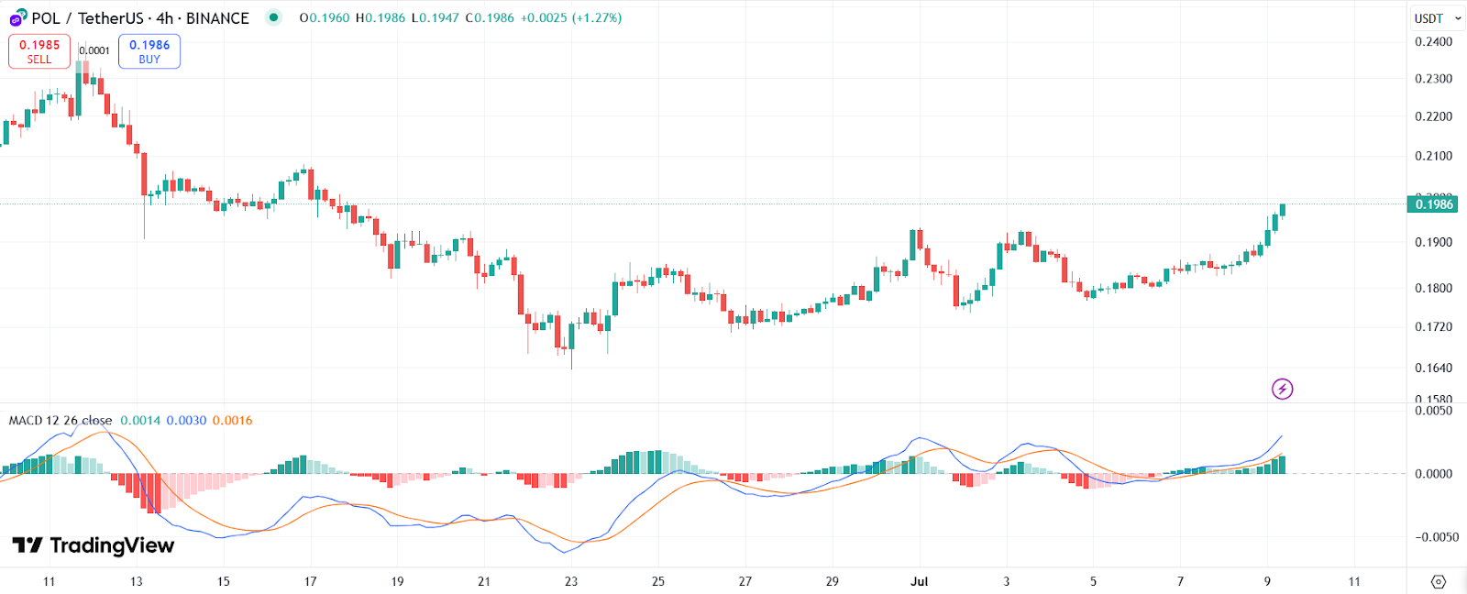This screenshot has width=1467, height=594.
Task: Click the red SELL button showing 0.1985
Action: (x=39, y=51)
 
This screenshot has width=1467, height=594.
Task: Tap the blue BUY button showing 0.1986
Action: (x=149, y=51)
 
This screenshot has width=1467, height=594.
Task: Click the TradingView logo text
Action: (x=94, y=545)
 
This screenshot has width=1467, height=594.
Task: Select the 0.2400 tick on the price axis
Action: (x=1433, y=41)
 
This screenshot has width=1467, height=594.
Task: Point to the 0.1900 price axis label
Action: (x=1433, y=242)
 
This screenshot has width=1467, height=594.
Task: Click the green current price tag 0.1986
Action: (x=1433, y=203)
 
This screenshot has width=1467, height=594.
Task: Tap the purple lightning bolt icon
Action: (x=1282, y=389)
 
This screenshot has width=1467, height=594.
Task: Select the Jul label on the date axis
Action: (x=919, y=581)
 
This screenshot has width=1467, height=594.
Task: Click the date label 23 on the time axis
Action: (x=571, y=581)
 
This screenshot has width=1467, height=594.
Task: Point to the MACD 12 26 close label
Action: (x=61, y=421)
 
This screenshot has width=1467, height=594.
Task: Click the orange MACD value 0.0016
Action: (x=232, y=421)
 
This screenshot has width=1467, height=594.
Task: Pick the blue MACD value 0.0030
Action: (x=186, y=421)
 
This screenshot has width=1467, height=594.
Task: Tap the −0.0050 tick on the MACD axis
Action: (x=1431, y=537)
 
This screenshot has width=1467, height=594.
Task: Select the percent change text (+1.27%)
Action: (x=597, y=17)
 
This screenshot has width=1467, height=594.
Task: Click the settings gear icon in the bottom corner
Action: (x=1438, y=581)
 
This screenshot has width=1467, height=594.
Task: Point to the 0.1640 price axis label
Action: (x=1433, y=368)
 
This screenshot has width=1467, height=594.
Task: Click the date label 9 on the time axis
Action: (x=1267, y=581)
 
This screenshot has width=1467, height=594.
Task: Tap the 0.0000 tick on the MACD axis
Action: (x=1433, y=474)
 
